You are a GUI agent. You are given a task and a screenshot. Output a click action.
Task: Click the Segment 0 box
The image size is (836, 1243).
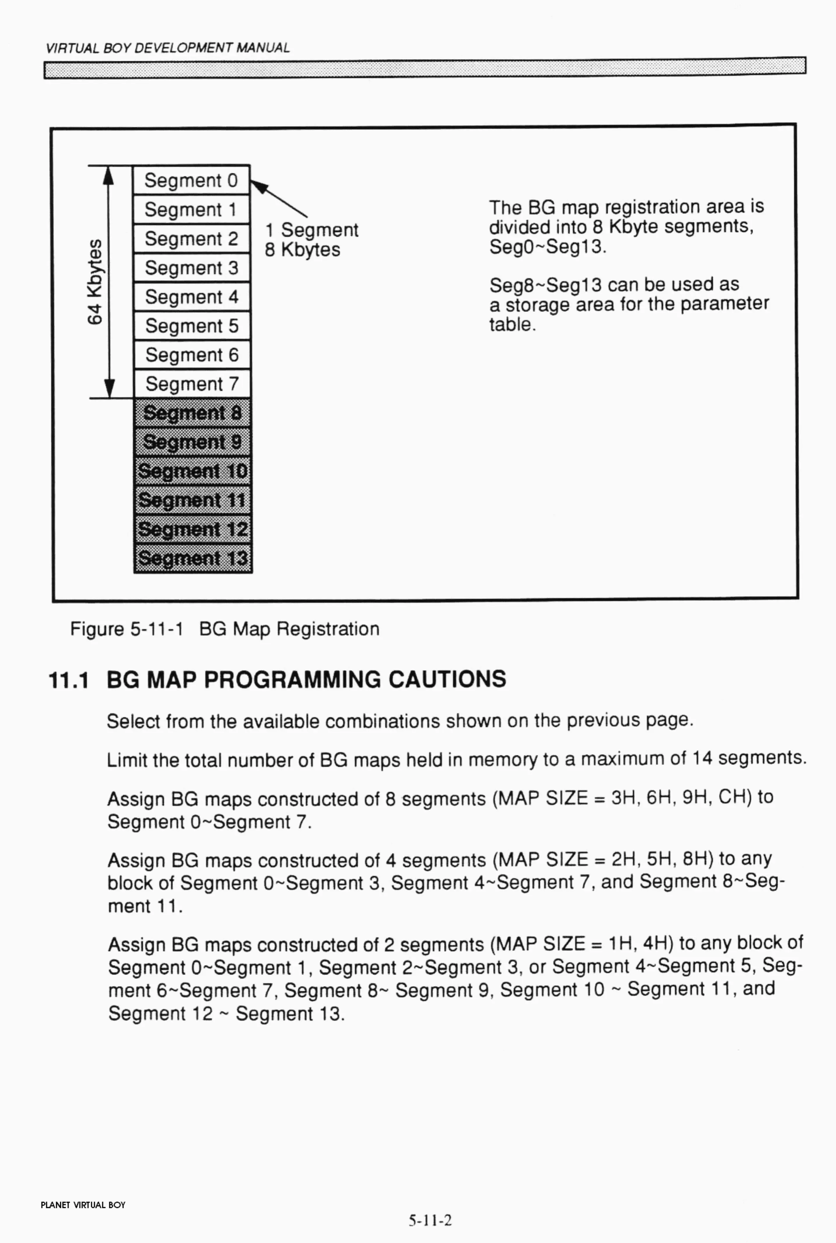click(x=191, y=180)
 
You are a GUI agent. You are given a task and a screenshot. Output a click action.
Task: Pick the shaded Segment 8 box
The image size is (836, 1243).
click(x=192, y=413)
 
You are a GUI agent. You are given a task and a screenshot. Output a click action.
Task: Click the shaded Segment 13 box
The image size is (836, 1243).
click(x=193, y=558)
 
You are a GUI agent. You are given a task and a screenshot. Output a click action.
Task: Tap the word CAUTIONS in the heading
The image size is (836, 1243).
click(x=447, y=679)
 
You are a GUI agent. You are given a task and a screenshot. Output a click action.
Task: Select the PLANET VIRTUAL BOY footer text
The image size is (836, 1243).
click(x=83, y=1205)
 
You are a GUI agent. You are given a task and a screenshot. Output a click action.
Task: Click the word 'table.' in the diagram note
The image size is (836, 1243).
click(x=512, y=324)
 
